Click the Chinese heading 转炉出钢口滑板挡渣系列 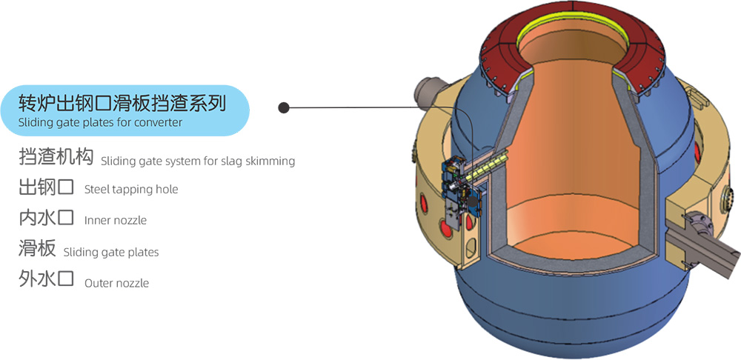(x=122, y=102)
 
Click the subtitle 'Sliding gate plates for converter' (x=100, y=122)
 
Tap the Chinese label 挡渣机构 (x=56, y=158)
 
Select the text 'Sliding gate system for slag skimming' (x=198, y=161)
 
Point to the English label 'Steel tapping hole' (x=131, y=190)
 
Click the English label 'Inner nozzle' (x=116, y=220)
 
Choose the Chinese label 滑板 (x=37, y=249)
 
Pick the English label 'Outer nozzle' (x=116, y=283)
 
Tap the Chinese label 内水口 (x=46, y=218)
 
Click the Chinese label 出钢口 (x=46, y=187)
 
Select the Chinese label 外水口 (x=46, y=280)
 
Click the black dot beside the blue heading (x=284, y=108)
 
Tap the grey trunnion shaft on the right (x=708, y=241)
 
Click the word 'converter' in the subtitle (x=158, y=122)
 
